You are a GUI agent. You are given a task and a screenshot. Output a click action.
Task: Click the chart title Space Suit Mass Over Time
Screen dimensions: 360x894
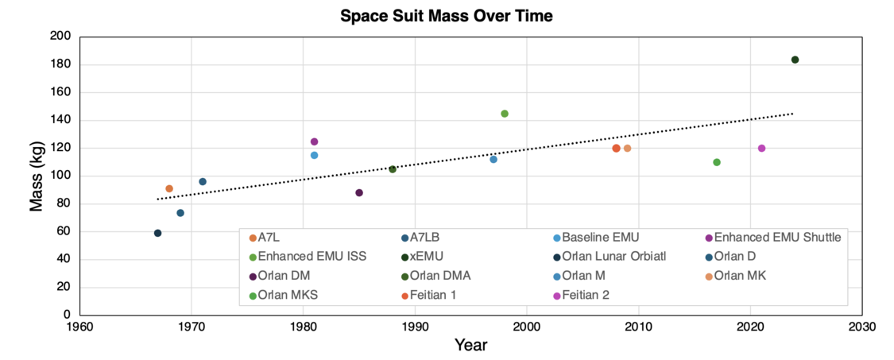pyautogui.click(x=446, y=15)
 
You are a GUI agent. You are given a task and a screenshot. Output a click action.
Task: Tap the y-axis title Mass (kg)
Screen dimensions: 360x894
pyautogui.click(x=37, y=176)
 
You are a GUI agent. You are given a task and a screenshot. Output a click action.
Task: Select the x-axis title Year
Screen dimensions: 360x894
pyautogui.click(x=470, y=345)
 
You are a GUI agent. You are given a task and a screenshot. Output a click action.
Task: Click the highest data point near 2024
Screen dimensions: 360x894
pyautogui.click(x=795, y=60)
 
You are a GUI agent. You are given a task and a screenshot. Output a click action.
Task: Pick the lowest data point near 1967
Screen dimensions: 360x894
pyautogui.click(x=157, y=233)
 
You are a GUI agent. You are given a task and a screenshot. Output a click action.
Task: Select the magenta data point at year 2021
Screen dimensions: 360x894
pyautogui.click(x=761, y=148)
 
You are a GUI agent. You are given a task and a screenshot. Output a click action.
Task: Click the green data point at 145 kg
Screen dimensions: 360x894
pyautogui.click(x=505, y=114)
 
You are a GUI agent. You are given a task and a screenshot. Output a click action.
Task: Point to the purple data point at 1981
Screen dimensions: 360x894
pyautogui.click(x=314, y=141)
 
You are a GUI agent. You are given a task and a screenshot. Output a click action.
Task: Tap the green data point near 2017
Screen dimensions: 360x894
pyautogui.click(x=717, y=162)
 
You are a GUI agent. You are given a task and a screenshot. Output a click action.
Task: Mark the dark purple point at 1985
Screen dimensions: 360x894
pyautogui.click(x=359, y=192)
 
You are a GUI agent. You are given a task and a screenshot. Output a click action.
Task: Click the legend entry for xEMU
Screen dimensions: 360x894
pyautogui.click(x=425, y=256)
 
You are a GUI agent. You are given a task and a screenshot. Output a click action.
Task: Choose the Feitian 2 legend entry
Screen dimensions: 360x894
pyautogui.click(x=590, y=296)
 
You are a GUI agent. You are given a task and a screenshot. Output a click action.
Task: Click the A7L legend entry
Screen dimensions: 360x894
pyautogui.click(x=271, y=237)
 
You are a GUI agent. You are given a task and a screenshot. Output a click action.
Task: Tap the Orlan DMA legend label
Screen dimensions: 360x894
pyautogui.click(x=439, y=276)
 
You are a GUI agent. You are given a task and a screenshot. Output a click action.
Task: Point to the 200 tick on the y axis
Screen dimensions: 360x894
pyautogui.click(x=60, y=37)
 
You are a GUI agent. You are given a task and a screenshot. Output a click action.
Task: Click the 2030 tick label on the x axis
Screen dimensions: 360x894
pyautogui.click(x=862, y=326)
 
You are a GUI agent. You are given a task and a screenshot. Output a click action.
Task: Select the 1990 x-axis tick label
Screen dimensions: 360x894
pyautogui.click(x=414, y=326)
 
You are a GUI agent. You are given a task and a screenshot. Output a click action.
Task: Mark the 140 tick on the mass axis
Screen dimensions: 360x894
pyautogui.click(x=60, y=120)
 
